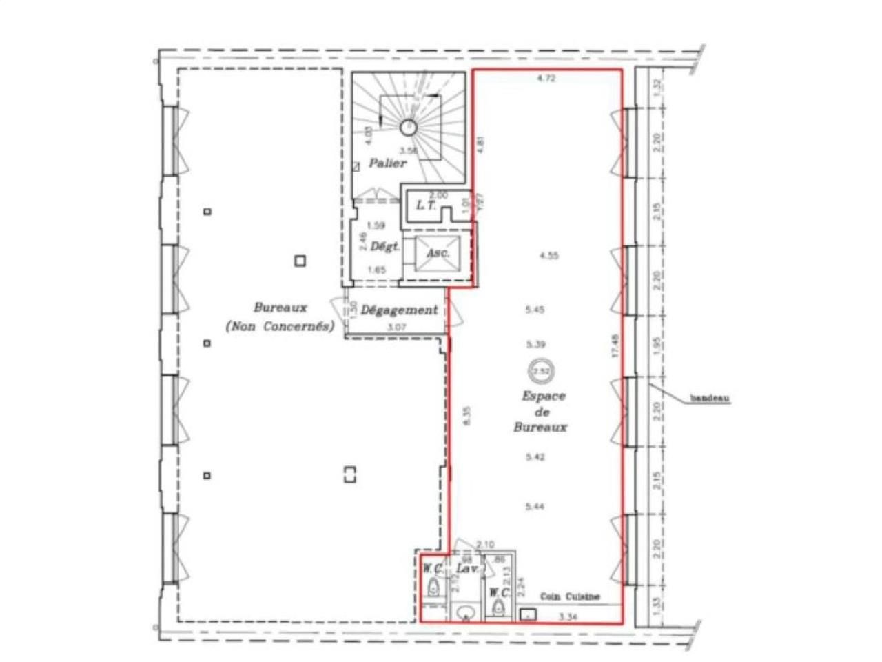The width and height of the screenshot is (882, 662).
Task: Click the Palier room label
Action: coord(387,164)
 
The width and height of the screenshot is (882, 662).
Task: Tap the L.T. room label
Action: coord(424,206)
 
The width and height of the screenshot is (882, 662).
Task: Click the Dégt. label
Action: coord(385,246)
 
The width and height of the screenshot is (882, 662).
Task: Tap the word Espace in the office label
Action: coord(543,397)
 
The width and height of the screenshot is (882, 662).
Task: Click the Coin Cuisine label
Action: coord(570,597)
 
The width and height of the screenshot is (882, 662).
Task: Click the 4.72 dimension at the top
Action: coord(546,79)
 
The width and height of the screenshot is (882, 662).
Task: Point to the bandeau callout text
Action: coord(710,399)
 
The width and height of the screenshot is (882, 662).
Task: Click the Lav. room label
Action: coord(466,570)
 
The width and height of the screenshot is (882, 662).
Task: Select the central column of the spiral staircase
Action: coord(407,127)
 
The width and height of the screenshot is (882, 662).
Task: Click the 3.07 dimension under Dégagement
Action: coord(396,328)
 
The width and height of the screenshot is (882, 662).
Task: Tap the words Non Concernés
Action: coord(279,327)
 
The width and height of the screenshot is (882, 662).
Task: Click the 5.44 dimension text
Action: coord(535,507)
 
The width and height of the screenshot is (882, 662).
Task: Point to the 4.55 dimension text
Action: coord(549,255)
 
